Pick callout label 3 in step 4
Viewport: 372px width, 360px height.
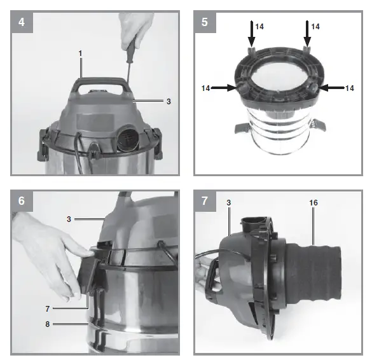pos(167,100)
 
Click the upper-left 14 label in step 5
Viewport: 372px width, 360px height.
pos(259,27)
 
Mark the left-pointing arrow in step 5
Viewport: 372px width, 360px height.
pos(332,88)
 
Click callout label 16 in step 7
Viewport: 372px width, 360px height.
pos(313,202)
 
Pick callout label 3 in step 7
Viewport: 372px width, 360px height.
pos(228,202)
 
